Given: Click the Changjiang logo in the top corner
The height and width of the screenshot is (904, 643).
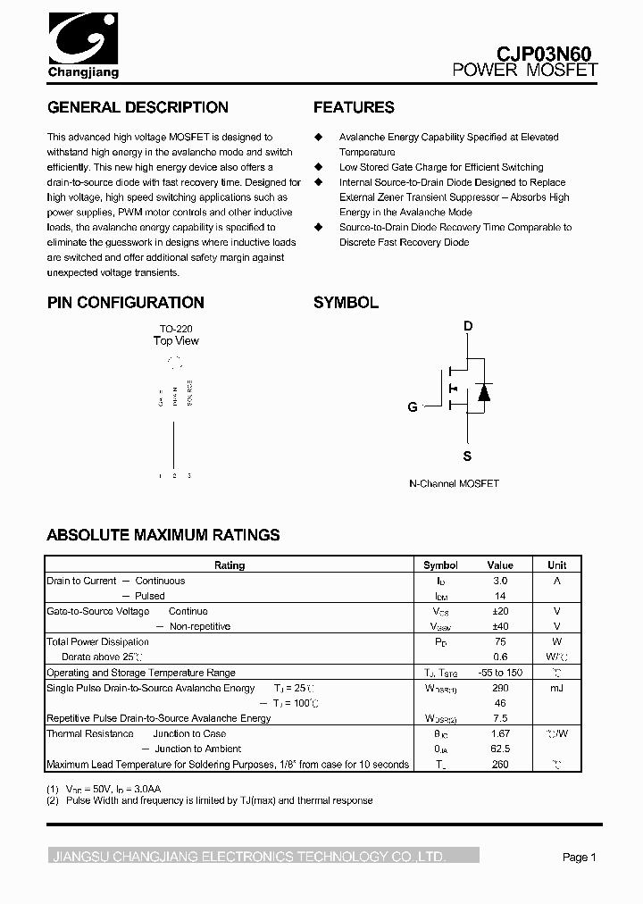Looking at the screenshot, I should coord(82,44).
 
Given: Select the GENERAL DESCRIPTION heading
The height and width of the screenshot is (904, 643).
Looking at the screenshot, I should coord(138,107).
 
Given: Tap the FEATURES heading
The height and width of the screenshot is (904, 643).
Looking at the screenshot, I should coord(354,107).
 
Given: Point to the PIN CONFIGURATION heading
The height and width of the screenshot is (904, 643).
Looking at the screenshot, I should coord(126,303).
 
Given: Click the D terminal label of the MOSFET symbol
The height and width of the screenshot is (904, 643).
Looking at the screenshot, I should coord(467,326).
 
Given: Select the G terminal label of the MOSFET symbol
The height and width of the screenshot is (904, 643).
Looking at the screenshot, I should coord(413,407).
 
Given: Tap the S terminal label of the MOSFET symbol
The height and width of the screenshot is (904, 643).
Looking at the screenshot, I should coord(467,456).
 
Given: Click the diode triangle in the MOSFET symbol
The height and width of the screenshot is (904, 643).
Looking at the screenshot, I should coord(483,391).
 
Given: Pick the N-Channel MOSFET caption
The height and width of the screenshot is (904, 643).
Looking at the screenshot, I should coord(454,483).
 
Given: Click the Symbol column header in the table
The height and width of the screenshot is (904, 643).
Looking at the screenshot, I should coord(440,565).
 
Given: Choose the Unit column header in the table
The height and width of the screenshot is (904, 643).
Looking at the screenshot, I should coord(556,565).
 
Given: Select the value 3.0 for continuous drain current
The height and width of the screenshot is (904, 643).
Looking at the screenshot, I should coord(500,581).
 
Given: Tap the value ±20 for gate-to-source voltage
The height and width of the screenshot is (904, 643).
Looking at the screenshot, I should coord(500,611).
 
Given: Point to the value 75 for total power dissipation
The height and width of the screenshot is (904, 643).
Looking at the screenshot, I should coord(500,641).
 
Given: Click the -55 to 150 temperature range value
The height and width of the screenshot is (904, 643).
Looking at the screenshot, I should coord(500,673).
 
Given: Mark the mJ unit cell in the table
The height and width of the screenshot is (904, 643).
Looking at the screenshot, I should coord(556,688).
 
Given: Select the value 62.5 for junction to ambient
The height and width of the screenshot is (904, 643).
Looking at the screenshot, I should coord(500,749).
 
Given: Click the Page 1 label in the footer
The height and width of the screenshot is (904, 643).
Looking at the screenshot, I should coord(579,857).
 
